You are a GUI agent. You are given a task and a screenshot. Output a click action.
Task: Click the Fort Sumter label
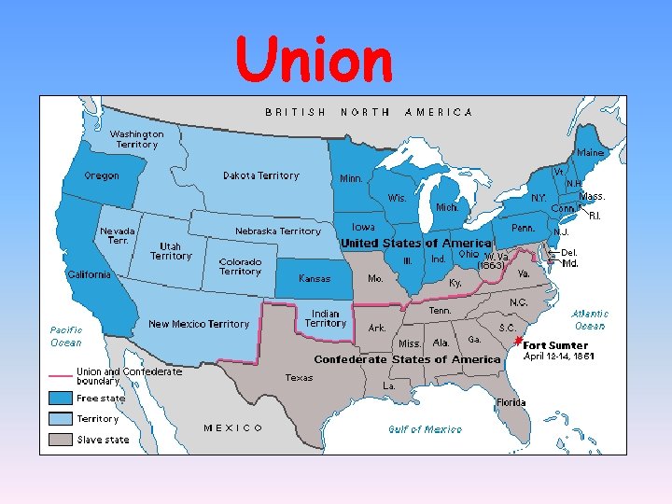[x=555, y=345]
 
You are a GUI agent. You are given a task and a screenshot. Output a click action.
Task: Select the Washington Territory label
[x=137, y=139]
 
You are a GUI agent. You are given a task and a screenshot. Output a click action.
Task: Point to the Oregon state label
[x=102, y=176]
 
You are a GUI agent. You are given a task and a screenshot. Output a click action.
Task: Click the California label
[x=89, y=274]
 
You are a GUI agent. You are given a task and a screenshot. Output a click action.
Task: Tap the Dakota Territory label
[x=261, y=175]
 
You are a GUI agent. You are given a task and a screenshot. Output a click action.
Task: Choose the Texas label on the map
[x=300, y=378]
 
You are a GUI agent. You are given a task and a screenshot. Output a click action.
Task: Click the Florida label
[x=511, y=403]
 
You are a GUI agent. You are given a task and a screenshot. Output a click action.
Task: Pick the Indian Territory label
[x=326, y=318]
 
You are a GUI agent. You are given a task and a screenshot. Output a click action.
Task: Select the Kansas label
[x=315, y=278]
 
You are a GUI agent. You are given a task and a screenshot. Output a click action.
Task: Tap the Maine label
[x=590, y=152]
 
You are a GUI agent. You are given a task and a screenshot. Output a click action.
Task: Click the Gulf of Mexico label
[x=425, y=429]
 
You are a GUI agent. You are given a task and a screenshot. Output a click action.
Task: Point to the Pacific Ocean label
[x=65, y=336]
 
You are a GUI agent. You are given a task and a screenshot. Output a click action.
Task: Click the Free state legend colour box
[x=61, y=399]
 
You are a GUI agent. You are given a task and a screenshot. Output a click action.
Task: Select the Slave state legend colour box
[x=61, y=439]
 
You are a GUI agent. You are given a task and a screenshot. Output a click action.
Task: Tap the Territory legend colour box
[x=61, y=419]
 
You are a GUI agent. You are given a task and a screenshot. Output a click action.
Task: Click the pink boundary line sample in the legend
[x=61, y=375]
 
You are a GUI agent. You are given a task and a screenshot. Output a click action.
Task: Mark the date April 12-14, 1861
[x=559, y=356]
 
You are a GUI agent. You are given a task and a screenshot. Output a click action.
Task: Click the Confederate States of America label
[x=407, y=359]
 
